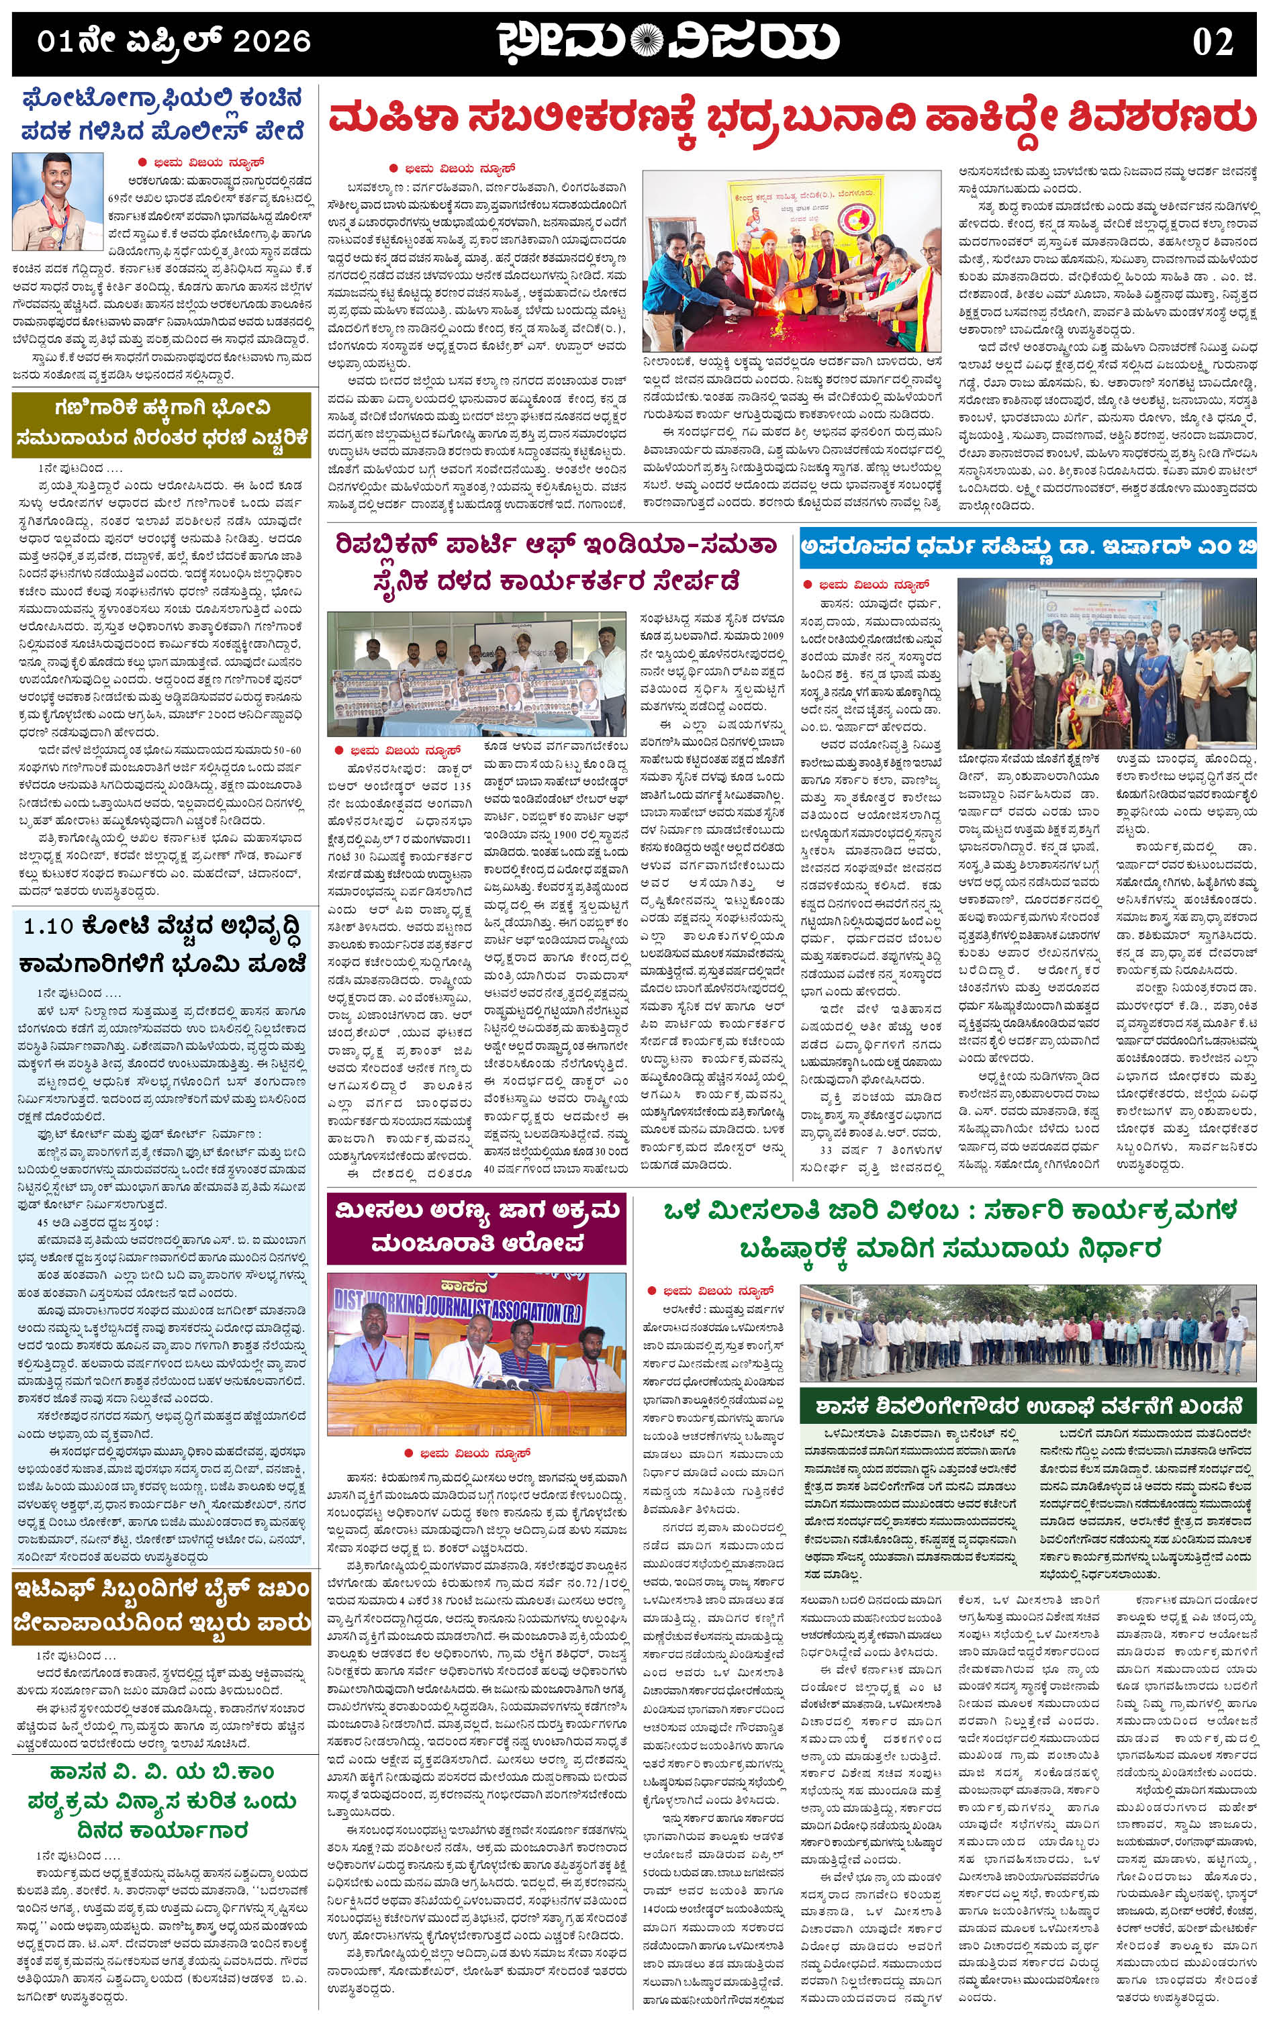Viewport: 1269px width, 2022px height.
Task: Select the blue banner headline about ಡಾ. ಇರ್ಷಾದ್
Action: tap(1027, 546)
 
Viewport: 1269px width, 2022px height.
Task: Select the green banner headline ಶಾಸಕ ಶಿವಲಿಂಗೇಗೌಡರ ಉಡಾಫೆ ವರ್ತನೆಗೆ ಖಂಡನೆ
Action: tap(1027, 1404)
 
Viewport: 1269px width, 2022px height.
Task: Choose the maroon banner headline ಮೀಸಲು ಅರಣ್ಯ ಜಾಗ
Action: tap(476, 1226)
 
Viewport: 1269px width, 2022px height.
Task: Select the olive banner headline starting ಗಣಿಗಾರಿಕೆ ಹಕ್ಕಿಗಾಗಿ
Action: tap(161, 423)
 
